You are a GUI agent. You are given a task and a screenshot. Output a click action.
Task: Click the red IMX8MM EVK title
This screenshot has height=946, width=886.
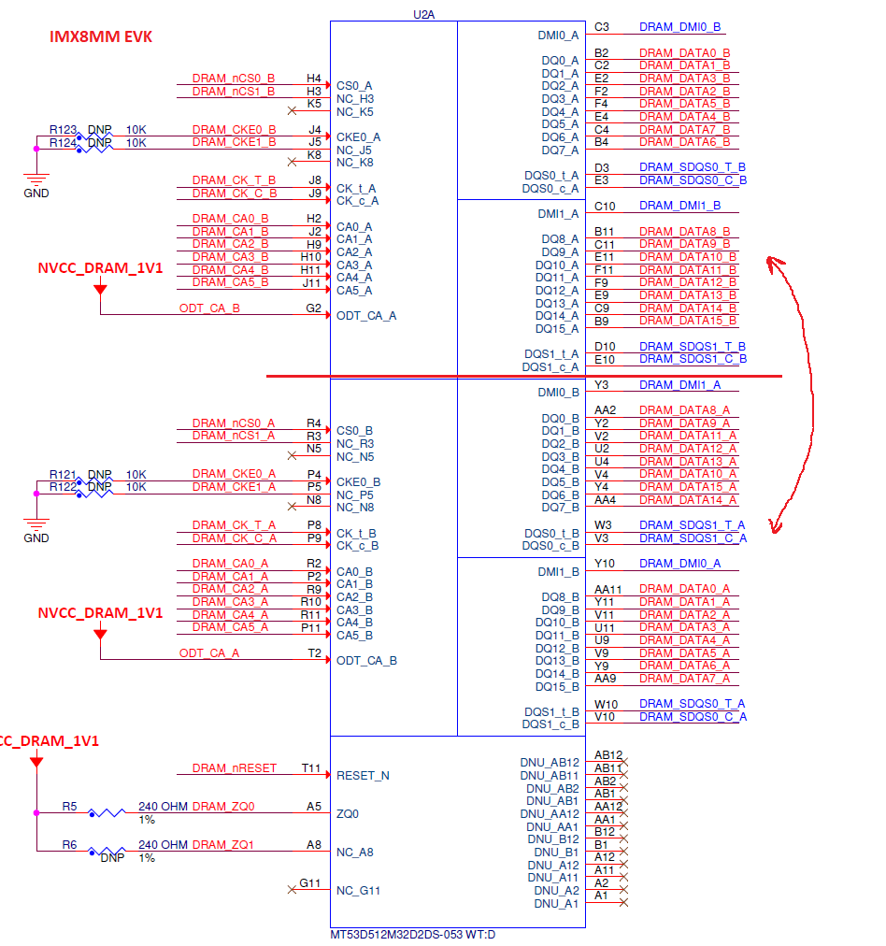[100, 36]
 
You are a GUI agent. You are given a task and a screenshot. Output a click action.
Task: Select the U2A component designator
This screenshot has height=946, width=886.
[423, 14]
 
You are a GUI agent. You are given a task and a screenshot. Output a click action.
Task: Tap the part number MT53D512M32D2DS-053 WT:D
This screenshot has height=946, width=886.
[413, 935]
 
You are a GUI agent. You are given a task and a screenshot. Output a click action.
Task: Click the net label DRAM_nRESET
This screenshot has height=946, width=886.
[235, 768]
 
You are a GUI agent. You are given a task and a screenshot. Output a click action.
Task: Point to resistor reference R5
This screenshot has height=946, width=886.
[70, 806]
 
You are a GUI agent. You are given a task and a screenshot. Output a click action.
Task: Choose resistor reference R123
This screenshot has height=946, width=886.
[64, 130]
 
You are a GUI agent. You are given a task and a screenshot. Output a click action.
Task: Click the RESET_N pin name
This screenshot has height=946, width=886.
[363, 775]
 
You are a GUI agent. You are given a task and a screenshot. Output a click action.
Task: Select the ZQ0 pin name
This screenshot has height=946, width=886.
[347, 813]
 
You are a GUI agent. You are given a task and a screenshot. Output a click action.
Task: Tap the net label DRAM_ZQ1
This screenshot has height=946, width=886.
[223, 844]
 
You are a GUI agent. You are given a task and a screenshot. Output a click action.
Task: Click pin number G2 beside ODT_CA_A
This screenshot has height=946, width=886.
[313, 308]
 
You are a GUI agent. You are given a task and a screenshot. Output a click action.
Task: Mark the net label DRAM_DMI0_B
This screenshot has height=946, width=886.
[679, 27]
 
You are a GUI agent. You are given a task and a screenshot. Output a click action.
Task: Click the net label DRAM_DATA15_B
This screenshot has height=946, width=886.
[688, 321]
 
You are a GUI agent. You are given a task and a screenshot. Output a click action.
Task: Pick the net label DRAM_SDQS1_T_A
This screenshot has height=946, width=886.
[693, 525]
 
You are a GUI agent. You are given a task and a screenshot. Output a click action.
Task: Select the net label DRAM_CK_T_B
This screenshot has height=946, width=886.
[234, 180]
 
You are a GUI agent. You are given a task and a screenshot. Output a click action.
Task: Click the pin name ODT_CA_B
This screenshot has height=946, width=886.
[366, 660]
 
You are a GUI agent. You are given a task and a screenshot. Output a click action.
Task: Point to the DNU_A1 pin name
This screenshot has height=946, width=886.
[556, 903]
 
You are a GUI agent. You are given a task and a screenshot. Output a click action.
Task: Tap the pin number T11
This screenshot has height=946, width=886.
[311, 768]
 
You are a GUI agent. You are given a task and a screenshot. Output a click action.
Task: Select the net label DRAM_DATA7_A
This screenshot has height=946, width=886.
[684, 678]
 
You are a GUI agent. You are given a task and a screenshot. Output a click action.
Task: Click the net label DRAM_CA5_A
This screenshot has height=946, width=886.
[230, 627]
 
